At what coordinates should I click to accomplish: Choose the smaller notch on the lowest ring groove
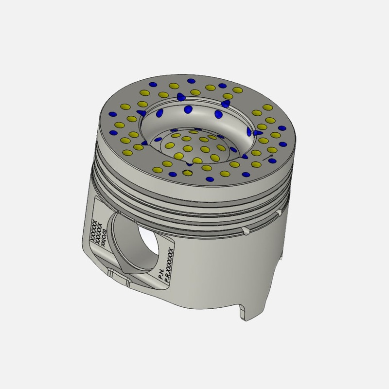coord(279,212)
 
